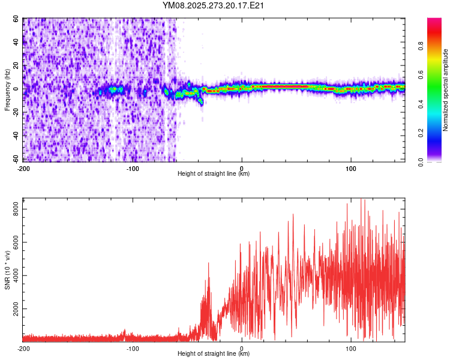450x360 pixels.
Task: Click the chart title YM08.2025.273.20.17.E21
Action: pyautogui.click(x=214, y=6)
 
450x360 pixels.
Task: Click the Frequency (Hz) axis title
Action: pyautogui.click(x=7, y=89)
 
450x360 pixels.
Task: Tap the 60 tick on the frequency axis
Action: pyautogui.click(x=16, y=19)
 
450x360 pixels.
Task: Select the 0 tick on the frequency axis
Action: pyautogui.click(x=19, y=89)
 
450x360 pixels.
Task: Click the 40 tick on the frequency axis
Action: pyautogui.click(x=16, y=43)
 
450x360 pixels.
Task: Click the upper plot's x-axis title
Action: pyautogui.click(x=214, y=174)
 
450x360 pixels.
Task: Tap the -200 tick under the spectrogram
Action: pyautogui.click(x=24, y=168)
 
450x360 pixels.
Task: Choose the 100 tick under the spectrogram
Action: pyautogui.click(x=351, y=168)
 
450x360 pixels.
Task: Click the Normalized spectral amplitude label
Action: pyautogui.click(x=446, y=90)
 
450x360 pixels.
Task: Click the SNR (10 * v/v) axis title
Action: pyautogui.click(x=7, y=269)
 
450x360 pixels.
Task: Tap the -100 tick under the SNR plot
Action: pyautogui.click(x=133, y=349)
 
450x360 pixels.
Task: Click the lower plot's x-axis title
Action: pyautogui.click(x=214, y=354)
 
